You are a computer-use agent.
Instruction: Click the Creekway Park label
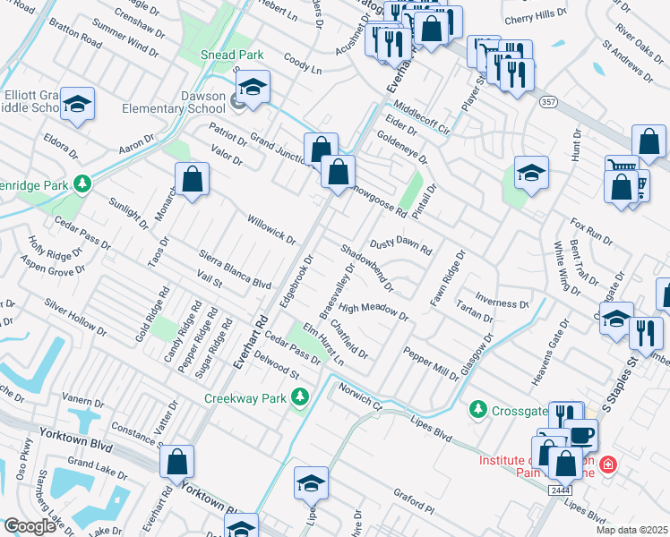[x=249, y=397]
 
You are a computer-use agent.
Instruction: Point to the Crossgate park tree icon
[x=478, y=410]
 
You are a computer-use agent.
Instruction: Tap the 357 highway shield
[x=549, y=103]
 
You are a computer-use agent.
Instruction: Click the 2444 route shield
[x=561, y=490]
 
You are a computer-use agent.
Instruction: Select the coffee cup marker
[x=581, y=436]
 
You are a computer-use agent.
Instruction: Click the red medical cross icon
[x=608, y=465]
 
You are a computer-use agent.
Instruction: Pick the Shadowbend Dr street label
[x=366, y=268]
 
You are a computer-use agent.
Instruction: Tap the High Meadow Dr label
[x=374, y=311]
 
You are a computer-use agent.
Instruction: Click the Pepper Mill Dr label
[x=431, y=364]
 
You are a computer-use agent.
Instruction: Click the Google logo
[x=30, y=526]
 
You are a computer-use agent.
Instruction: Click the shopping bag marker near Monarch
[x=192, y=180]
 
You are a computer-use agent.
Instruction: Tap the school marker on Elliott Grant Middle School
[x=78, y=105]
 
